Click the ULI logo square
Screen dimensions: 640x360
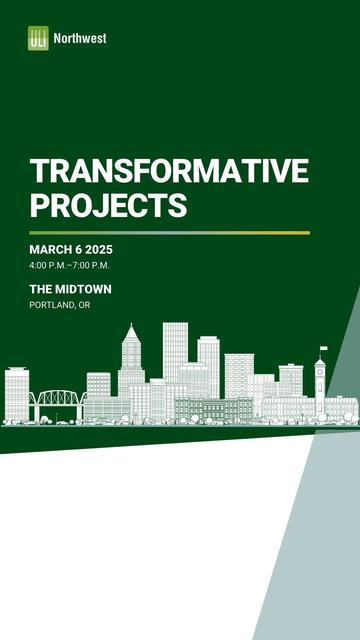pos(38,38)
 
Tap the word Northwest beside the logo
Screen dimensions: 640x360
pos(80,38)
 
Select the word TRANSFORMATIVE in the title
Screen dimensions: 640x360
pos(169,170)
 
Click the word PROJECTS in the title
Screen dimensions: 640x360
pos(109,206)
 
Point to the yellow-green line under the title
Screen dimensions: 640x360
pos(169,232)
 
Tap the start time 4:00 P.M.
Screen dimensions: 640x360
pos(49,265)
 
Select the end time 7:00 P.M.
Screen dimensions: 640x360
pos(91,265)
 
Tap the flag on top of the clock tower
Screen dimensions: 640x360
pos(323,349)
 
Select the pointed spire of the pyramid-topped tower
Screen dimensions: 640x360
pos(130,329)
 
